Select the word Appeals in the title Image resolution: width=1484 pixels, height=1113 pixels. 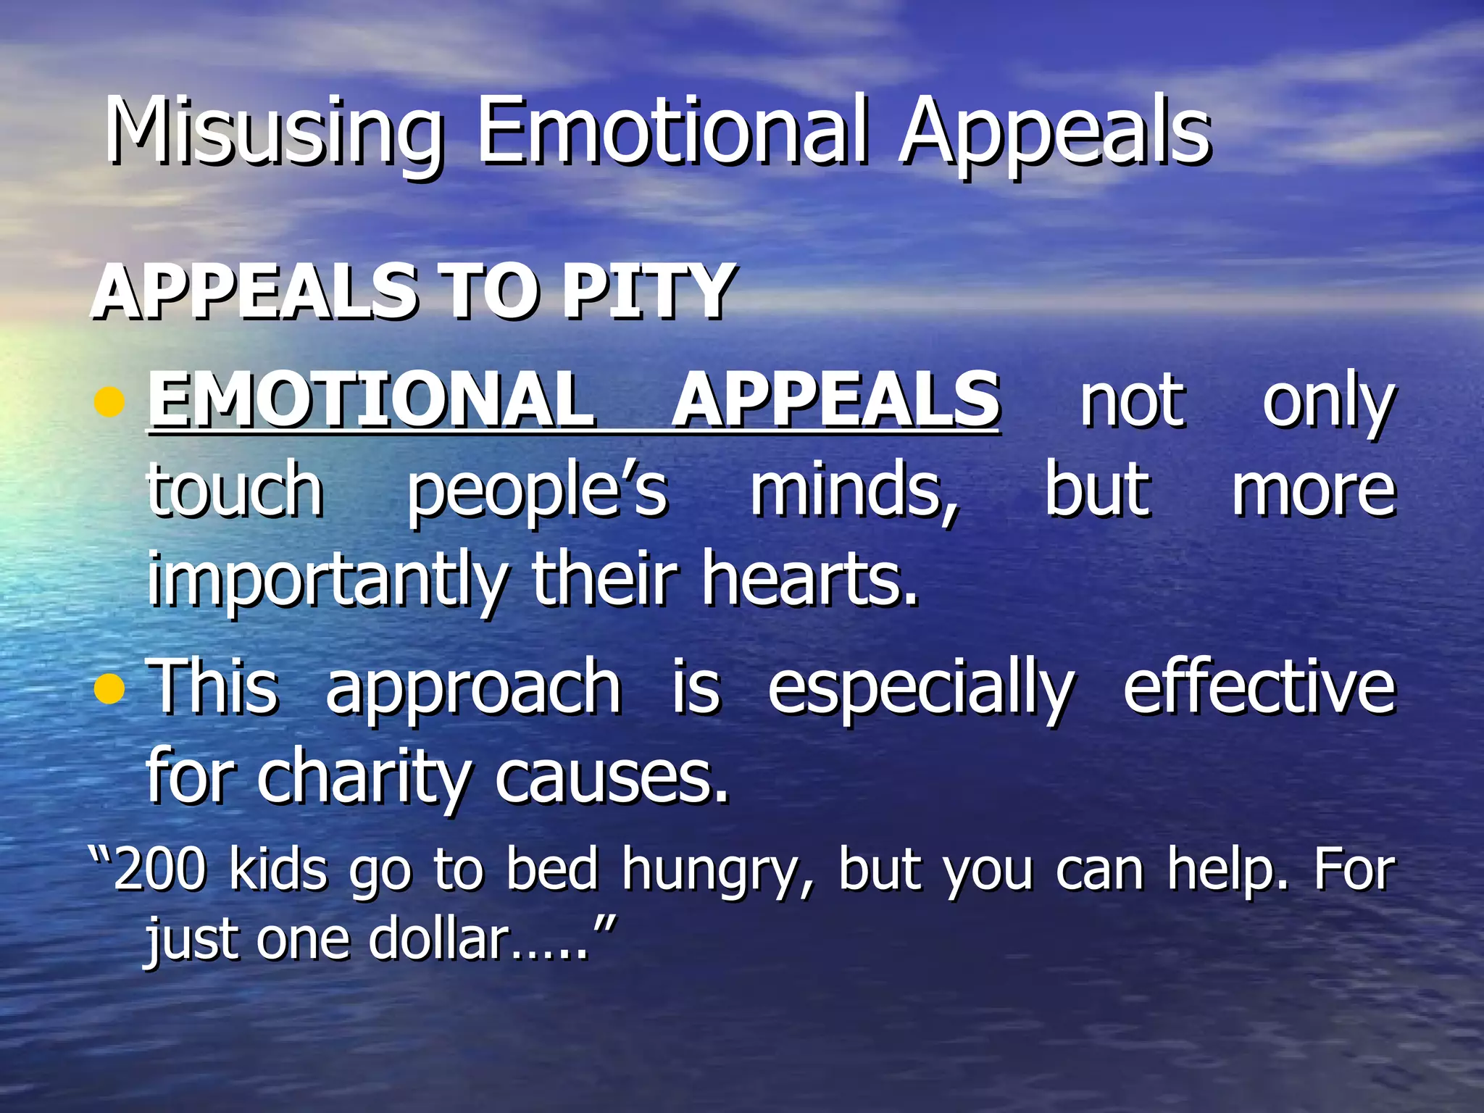(1054, 134)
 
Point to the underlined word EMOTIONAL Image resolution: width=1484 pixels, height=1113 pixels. (371, 399)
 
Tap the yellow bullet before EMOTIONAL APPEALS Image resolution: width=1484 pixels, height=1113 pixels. (109, 401)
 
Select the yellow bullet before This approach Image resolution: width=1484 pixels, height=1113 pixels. (109, 688)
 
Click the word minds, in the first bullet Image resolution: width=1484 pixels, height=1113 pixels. (855, 492)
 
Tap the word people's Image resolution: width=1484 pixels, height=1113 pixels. (536, 493)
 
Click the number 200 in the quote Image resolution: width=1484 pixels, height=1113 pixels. (159, 870)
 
